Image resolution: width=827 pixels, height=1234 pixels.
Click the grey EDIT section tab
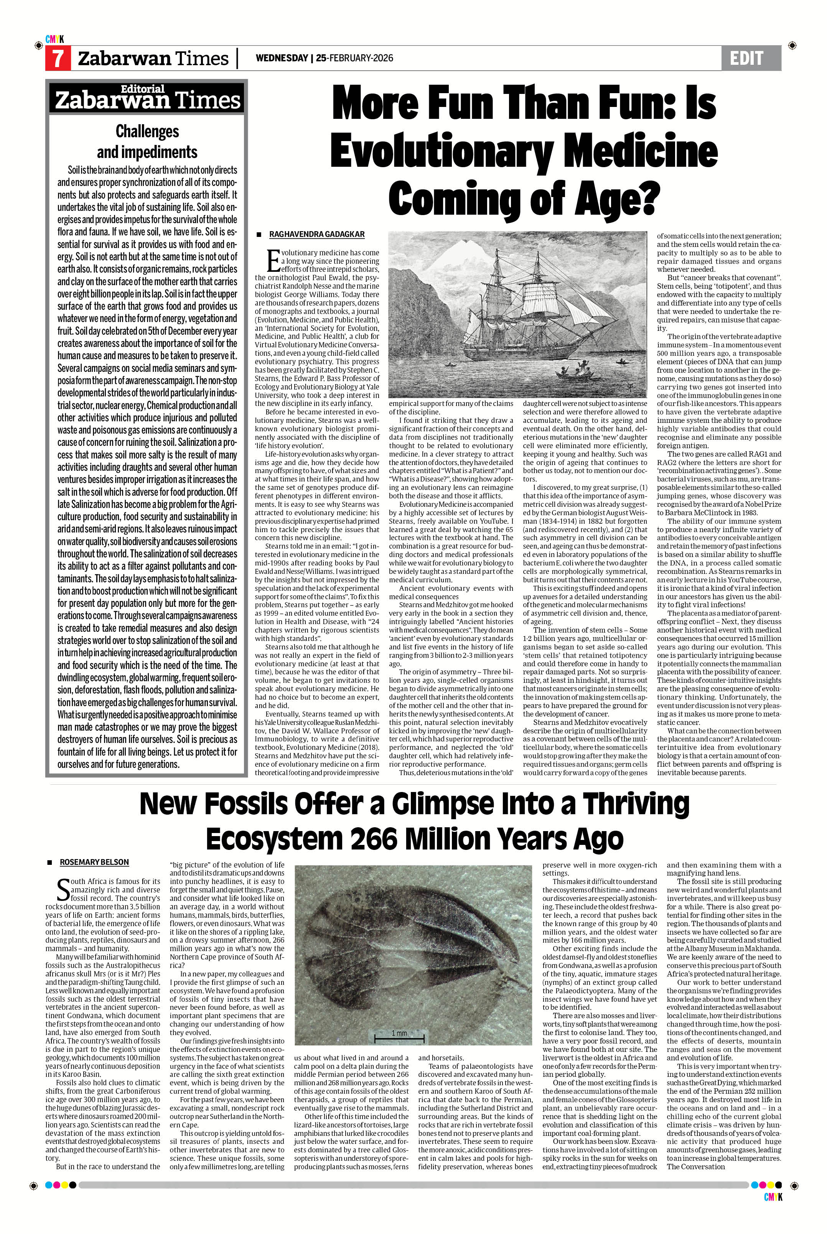click(751, 58)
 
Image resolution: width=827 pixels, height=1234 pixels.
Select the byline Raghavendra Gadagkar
click(316, 234)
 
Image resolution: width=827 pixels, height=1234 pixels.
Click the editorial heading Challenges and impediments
click(147, 141)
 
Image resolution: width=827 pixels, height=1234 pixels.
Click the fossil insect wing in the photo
click(417, 949)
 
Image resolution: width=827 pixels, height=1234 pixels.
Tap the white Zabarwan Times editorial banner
click(147, 97)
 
